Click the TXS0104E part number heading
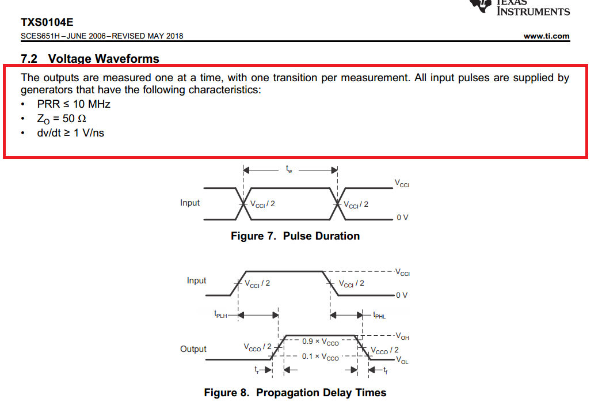coord(47,22)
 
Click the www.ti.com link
coord(546,36)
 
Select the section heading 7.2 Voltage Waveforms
coord(90,59)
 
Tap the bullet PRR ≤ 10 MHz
coord(74,104)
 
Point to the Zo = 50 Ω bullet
coord(62,119)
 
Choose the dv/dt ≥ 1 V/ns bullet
coord(71,133)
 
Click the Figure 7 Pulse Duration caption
coord(295,236)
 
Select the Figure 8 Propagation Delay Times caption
coord(295,393)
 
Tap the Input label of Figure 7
coord(190,203)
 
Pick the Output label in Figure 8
coord(193,349)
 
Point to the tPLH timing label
coord(220,315)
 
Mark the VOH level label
coord(402,336)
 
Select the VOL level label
coord(402,361)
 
